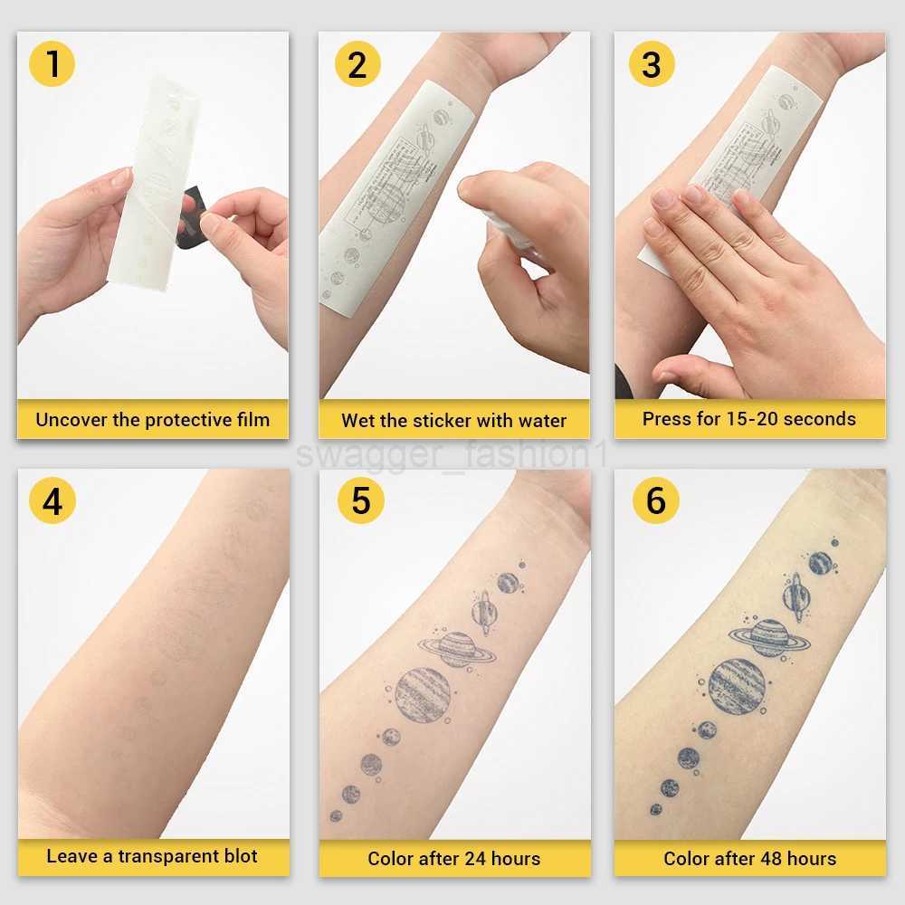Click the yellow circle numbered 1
pyautogui.click(x=52, y=64)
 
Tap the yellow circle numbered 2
pyautogui.click(x=357, y=64)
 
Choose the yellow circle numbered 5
pyautogui.click(x=360, y=500)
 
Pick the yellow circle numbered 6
pyautogui.click(x=655, y=500)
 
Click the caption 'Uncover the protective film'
pyautogui.click(x=152, y=419)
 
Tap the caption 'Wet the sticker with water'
pyautogui.click(x=453, y=420)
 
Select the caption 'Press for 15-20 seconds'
pyautogui.click(x=748, y=418)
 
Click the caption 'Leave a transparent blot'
pyautogui.click(x=152, y=856)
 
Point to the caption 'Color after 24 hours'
pyautogui.click(x=453, y=858)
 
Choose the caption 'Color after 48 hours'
pyautogui.click(x=749, y=858)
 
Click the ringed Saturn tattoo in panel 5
pyautogui.click(x=457, y=649)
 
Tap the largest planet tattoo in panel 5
pyautogui.click(x=423, y=694)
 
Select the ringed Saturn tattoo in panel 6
pyautogui.click(x=769, y=636)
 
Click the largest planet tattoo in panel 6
pyautogui.click(x=737, y=686)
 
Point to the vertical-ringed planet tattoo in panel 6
pyautogui.click(x=796, y=596)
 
